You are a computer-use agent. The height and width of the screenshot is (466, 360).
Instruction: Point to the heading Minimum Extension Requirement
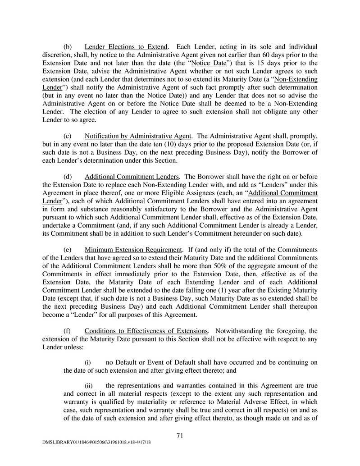coord(133,249)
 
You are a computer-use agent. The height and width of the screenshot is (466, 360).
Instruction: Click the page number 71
coord(180,435)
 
